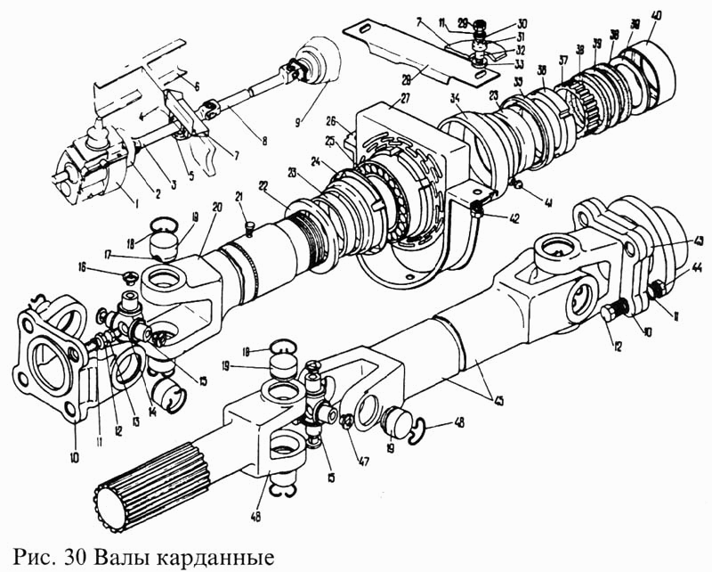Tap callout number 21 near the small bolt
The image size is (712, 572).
tap(239, 196)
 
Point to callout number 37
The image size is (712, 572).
tap(562, 61)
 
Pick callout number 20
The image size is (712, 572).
tap(217, 207)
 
